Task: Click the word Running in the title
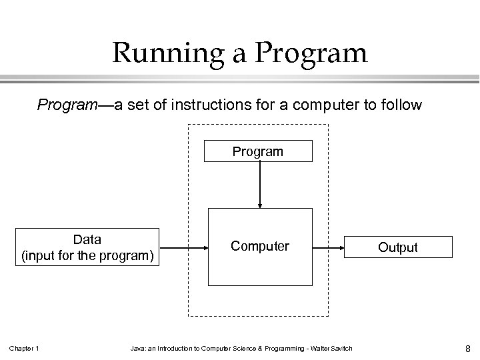click(161, 53)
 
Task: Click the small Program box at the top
click(258, 152)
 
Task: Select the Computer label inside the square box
click(260, 246)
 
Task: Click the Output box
click(398, 247)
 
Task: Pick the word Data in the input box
click(87, 239)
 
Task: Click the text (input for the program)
click(87, 255)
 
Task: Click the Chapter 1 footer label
click(24, 347)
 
